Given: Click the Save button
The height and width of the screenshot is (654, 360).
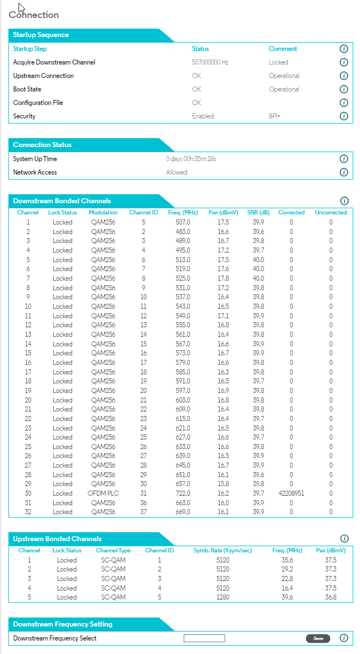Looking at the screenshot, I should point(317,638).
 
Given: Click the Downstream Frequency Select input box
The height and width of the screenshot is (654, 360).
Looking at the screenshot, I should point(204,638).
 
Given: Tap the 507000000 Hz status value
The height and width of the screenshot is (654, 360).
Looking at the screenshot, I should point(210,62).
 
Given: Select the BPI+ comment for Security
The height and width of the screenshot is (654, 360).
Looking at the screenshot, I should point(275,116).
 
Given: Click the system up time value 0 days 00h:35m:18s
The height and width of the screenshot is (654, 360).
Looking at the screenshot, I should point(191,159).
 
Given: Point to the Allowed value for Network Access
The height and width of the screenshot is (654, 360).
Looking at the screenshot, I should point(177,172).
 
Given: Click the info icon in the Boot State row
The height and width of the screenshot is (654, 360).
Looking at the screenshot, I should point(344,89).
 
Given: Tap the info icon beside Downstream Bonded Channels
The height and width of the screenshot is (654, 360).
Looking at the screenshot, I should point(344,201).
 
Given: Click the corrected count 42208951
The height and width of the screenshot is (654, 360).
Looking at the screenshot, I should point(291,493).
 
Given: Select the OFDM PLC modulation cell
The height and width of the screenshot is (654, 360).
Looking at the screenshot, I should point(103,493).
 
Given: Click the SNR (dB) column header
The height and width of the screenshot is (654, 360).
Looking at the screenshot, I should point(258,213).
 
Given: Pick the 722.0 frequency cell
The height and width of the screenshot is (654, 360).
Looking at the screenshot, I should point(184,493).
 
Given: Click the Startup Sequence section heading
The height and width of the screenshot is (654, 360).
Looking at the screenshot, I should point(41,35).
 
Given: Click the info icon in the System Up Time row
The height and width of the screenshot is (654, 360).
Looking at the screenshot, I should point(344,159).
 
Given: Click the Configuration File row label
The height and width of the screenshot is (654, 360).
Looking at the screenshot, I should point(38,103).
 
